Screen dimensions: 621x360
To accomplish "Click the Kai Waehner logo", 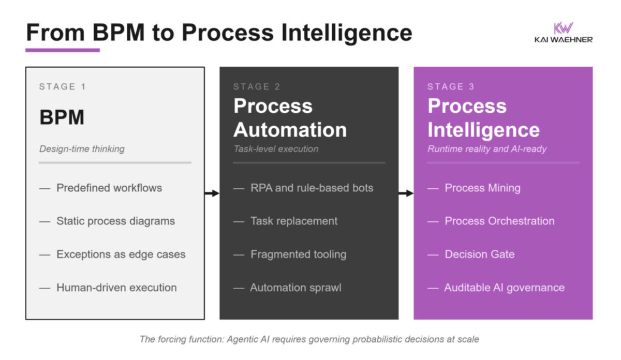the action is click(564, 33).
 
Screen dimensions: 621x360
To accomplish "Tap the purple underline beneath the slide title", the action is click(63, 50).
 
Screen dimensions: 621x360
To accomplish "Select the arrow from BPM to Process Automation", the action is click(212, 193).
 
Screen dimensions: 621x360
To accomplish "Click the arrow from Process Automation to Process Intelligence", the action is click(406, 193).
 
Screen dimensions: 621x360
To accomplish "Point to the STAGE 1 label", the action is click(63, 87).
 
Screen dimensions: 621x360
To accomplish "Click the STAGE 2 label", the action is click(257, 87).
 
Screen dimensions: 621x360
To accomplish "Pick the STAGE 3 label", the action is click(451, 87).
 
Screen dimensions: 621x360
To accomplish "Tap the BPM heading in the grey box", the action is click(62, 117).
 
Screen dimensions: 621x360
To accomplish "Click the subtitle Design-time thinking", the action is click(82, 149).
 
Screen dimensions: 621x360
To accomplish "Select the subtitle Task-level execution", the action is click(276, 149).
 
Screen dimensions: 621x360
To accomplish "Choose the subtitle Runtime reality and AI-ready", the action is click(487, 149).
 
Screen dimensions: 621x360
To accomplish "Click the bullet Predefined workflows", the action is click(109, 188).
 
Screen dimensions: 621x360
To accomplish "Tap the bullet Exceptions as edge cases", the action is click(121, 254).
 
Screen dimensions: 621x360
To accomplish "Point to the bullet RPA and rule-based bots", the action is click(312, 188).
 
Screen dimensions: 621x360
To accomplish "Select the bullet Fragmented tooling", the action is click(299, 254).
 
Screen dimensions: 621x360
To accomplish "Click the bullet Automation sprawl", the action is click(296, 288).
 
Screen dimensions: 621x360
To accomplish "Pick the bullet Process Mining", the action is click(483, 188).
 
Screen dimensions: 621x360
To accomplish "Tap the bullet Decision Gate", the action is click(480, 254).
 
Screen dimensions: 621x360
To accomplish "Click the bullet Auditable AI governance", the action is click(504, 288).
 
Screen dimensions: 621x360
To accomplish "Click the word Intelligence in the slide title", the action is click(347, 33).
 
